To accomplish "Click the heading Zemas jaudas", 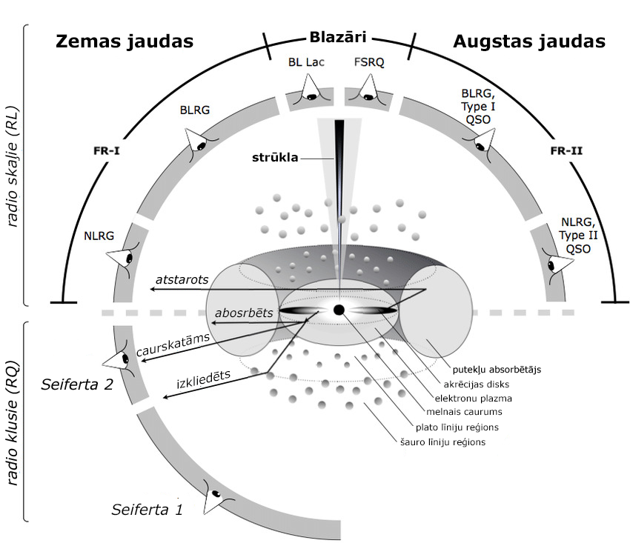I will click(125, 41).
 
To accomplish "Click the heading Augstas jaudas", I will click(529, 41).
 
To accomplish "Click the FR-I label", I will click(106, 150).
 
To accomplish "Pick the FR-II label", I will click(566, 150).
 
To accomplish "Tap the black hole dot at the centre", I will click(339, 310).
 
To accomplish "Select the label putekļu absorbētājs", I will click(494, 367).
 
